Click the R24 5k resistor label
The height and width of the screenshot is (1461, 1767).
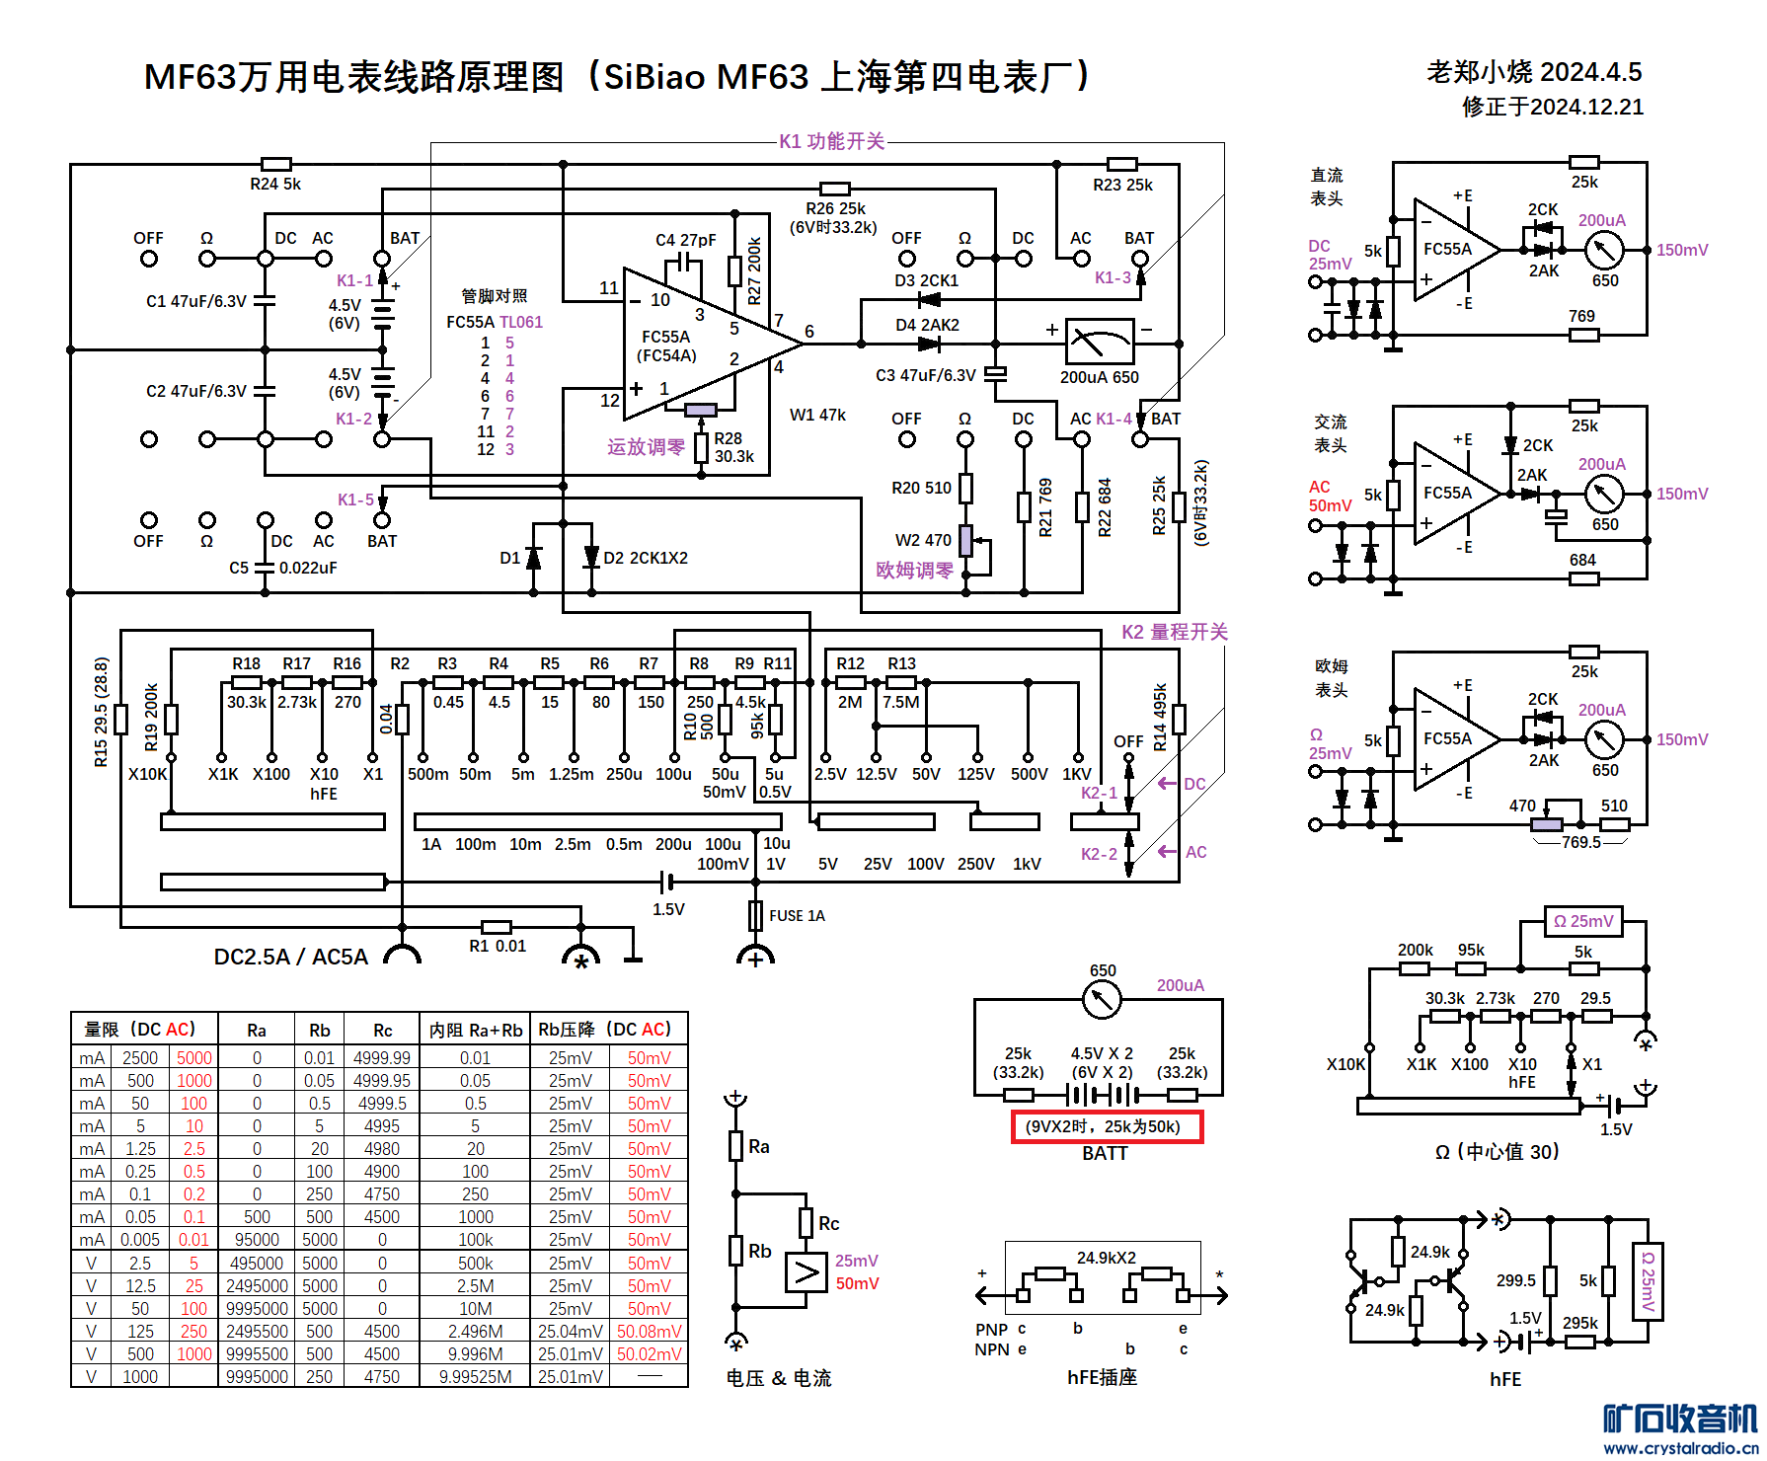point(275,184)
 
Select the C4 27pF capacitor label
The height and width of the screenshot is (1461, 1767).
point(685,240)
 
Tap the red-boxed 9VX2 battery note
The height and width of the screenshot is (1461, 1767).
point(1107,1126)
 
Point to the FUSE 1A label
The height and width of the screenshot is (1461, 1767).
point(797,916)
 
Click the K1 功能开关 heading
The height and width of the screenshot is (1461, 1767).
point(831,141)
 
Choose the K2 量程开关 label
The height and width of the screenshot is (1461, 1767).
point(1174,632)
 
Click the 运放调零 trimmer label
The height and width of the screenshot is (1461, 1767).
point(646,447)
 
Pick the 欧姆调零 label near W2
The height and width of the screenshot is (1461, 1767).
point(914,571)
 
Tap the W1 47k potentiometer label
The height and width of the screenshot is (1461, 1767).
point(817,415)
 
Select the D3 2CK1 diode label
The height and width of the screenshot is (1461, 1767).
point(926,280)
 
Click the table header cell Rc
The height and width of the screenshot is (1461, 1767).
point(382,1031)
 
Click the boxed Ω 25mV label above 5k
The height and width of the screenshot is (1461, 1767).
point(1583,921)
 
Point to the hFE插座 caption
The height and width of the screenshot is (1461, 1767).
point(1102,1377)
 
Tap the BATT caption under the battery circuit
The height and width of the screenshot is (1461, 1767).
point(1105,1153)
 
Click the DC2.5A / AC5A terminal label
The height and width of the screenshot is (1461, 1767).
point(291,957)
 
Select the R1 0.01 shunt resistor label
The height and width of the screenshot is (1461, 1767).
point(498,946)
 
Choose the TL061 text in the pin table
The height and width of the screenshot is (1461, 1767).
point(521,322)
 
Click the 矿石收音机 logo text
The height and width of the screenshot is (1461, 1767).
point(1680,1419)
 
